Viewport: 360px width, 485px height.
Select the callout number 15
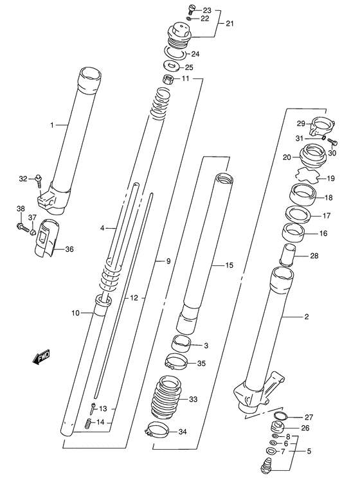tap(229, 265)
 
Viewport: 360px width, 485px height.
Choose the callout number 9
tap(169, 261)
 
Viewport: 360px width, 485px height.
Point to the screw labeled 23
tap(191, 9)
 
